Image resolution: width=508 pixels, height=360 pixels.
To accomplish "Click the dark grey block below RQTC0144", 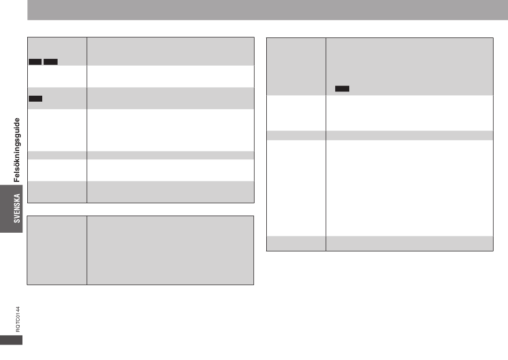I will click(11, 340).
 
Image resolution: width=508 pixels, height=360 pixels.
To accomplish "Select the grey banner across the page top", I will click(267, 10).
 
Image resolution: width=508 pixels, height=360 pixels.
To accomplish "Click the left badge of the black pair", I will click(35, 62).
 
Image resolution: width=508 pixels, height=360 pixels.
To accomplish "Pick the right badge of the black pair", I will click(51, 62).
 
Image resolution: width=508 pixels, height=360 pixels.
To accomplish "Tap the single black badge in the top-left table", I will click(35, 98).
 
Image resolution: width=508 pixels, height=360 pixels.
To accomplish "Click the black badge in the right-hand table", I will click(342, 88).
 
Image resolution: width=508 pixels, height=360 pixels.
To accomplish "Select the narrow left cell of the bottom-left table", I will click(57, 250).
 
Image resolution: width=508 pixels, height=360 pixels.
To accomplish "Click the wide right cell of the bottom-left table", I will click(170, 250).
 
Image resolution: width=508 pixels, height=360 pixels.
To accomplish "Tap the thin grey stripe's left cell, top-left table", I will click(57, 155).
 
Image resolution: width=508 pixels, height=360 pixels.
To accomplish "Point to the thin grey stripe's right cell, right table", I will click(409, 135).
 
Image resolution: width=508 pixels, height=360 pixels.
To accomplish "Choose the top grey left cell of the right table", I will click(296, 66).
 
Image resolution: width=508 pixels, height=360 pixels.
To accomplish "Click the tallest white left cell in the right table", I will click(296, 188).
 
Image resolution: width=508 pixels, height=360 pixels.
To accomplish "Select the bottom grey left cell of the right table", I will click(296, 243).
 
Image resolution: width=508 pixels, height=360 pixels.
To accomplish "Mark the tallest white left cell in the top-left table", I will click(57, 130).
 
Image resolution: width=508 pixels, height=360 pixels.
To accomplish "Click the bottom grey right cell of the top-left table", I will click(170, 192).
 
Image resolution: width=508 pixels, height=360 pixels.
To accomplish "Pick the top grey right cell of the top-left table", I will click(170, 51).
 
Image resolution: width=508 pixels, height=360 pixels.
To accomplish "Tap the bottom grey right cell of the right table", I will click(409, 243).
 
